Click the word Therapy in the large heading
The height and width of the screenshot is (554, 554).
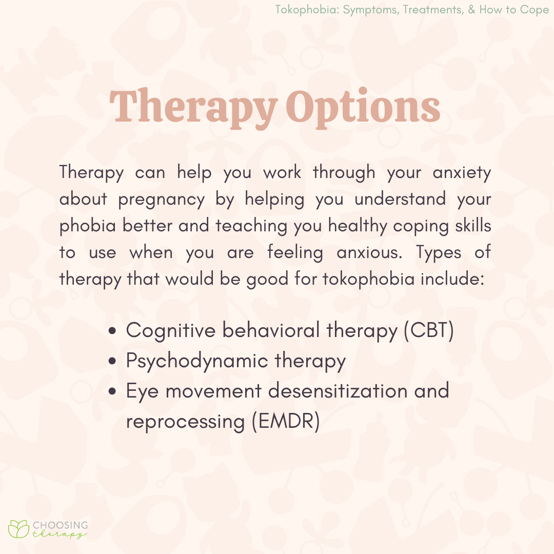tap(193, 107)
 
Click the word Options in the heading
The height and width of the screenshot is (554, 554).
tap(363, 107)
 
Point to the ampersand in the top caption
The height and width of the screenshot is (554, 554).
tap(472, 9)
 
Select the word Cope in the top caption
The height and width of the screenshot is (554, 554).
tap(535, 10)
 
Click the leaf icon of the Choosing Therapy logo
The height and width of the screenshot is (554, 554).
tap(19, 528)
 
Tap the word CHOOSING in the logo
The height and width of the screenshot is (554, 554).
tap(60, 525)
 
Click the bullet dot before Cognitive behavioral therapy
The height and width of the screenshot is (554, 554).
tap(112, 331)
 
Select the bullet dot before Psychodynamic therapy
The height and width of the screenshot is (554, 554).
tap(112, 361)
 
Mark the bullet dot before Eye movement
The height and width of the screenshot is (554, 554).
tap(112, 391)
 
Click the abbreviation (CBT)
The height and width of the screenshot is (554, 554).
tap(428, 331)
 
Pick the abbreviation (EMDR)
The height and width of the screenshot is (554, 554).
tap(286, 421)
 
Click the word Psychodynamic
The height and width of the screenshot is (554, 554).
tap(197, 361)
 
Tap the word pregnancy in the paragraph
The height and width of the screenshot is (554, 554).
tap(162, 200)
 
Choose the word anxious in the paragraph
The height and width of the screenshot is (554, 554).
tap(369, 252)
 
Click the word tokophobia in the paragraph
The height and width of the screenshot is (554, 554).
tap(368, 279)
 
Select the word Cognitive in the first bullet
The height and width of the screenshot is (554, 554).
tap(171, 331)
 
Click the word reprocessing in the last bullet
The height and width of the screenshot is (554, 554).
tap(186, 422)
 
